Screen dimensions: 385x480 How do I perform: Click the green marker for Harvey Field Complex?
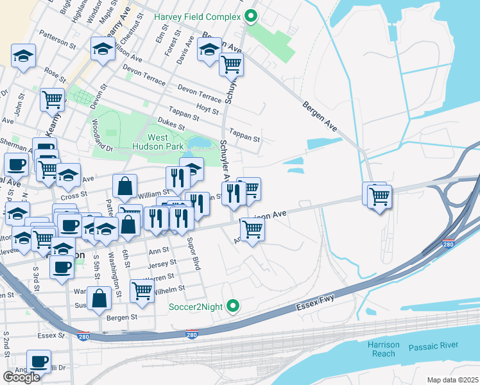pos(252,16)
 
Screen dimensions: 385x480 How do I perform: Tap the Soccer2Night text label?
pos(196,307)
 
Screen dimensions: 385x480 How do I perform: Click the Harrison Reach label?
pos(384,349)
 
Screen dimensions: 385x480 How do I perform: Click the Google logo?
pos(21,377)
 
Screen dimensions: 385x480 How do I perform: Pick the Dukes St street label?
pos(170,123)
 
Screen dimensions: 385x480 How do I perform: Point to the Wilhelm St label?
pos(169,289)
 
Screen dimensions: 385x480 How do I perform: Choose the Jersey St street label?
pos(162,264)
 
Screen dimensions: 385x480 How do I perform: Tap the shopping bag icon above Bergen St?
pos(100,298)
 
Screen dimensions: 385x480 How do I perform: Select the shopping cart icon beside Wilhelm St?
pos(142,290)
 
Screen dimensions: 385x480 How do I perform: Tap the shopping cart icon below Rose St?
pos(52,99)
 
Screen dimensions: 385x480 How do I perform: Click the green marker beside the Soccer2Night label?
pos(234,306)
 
